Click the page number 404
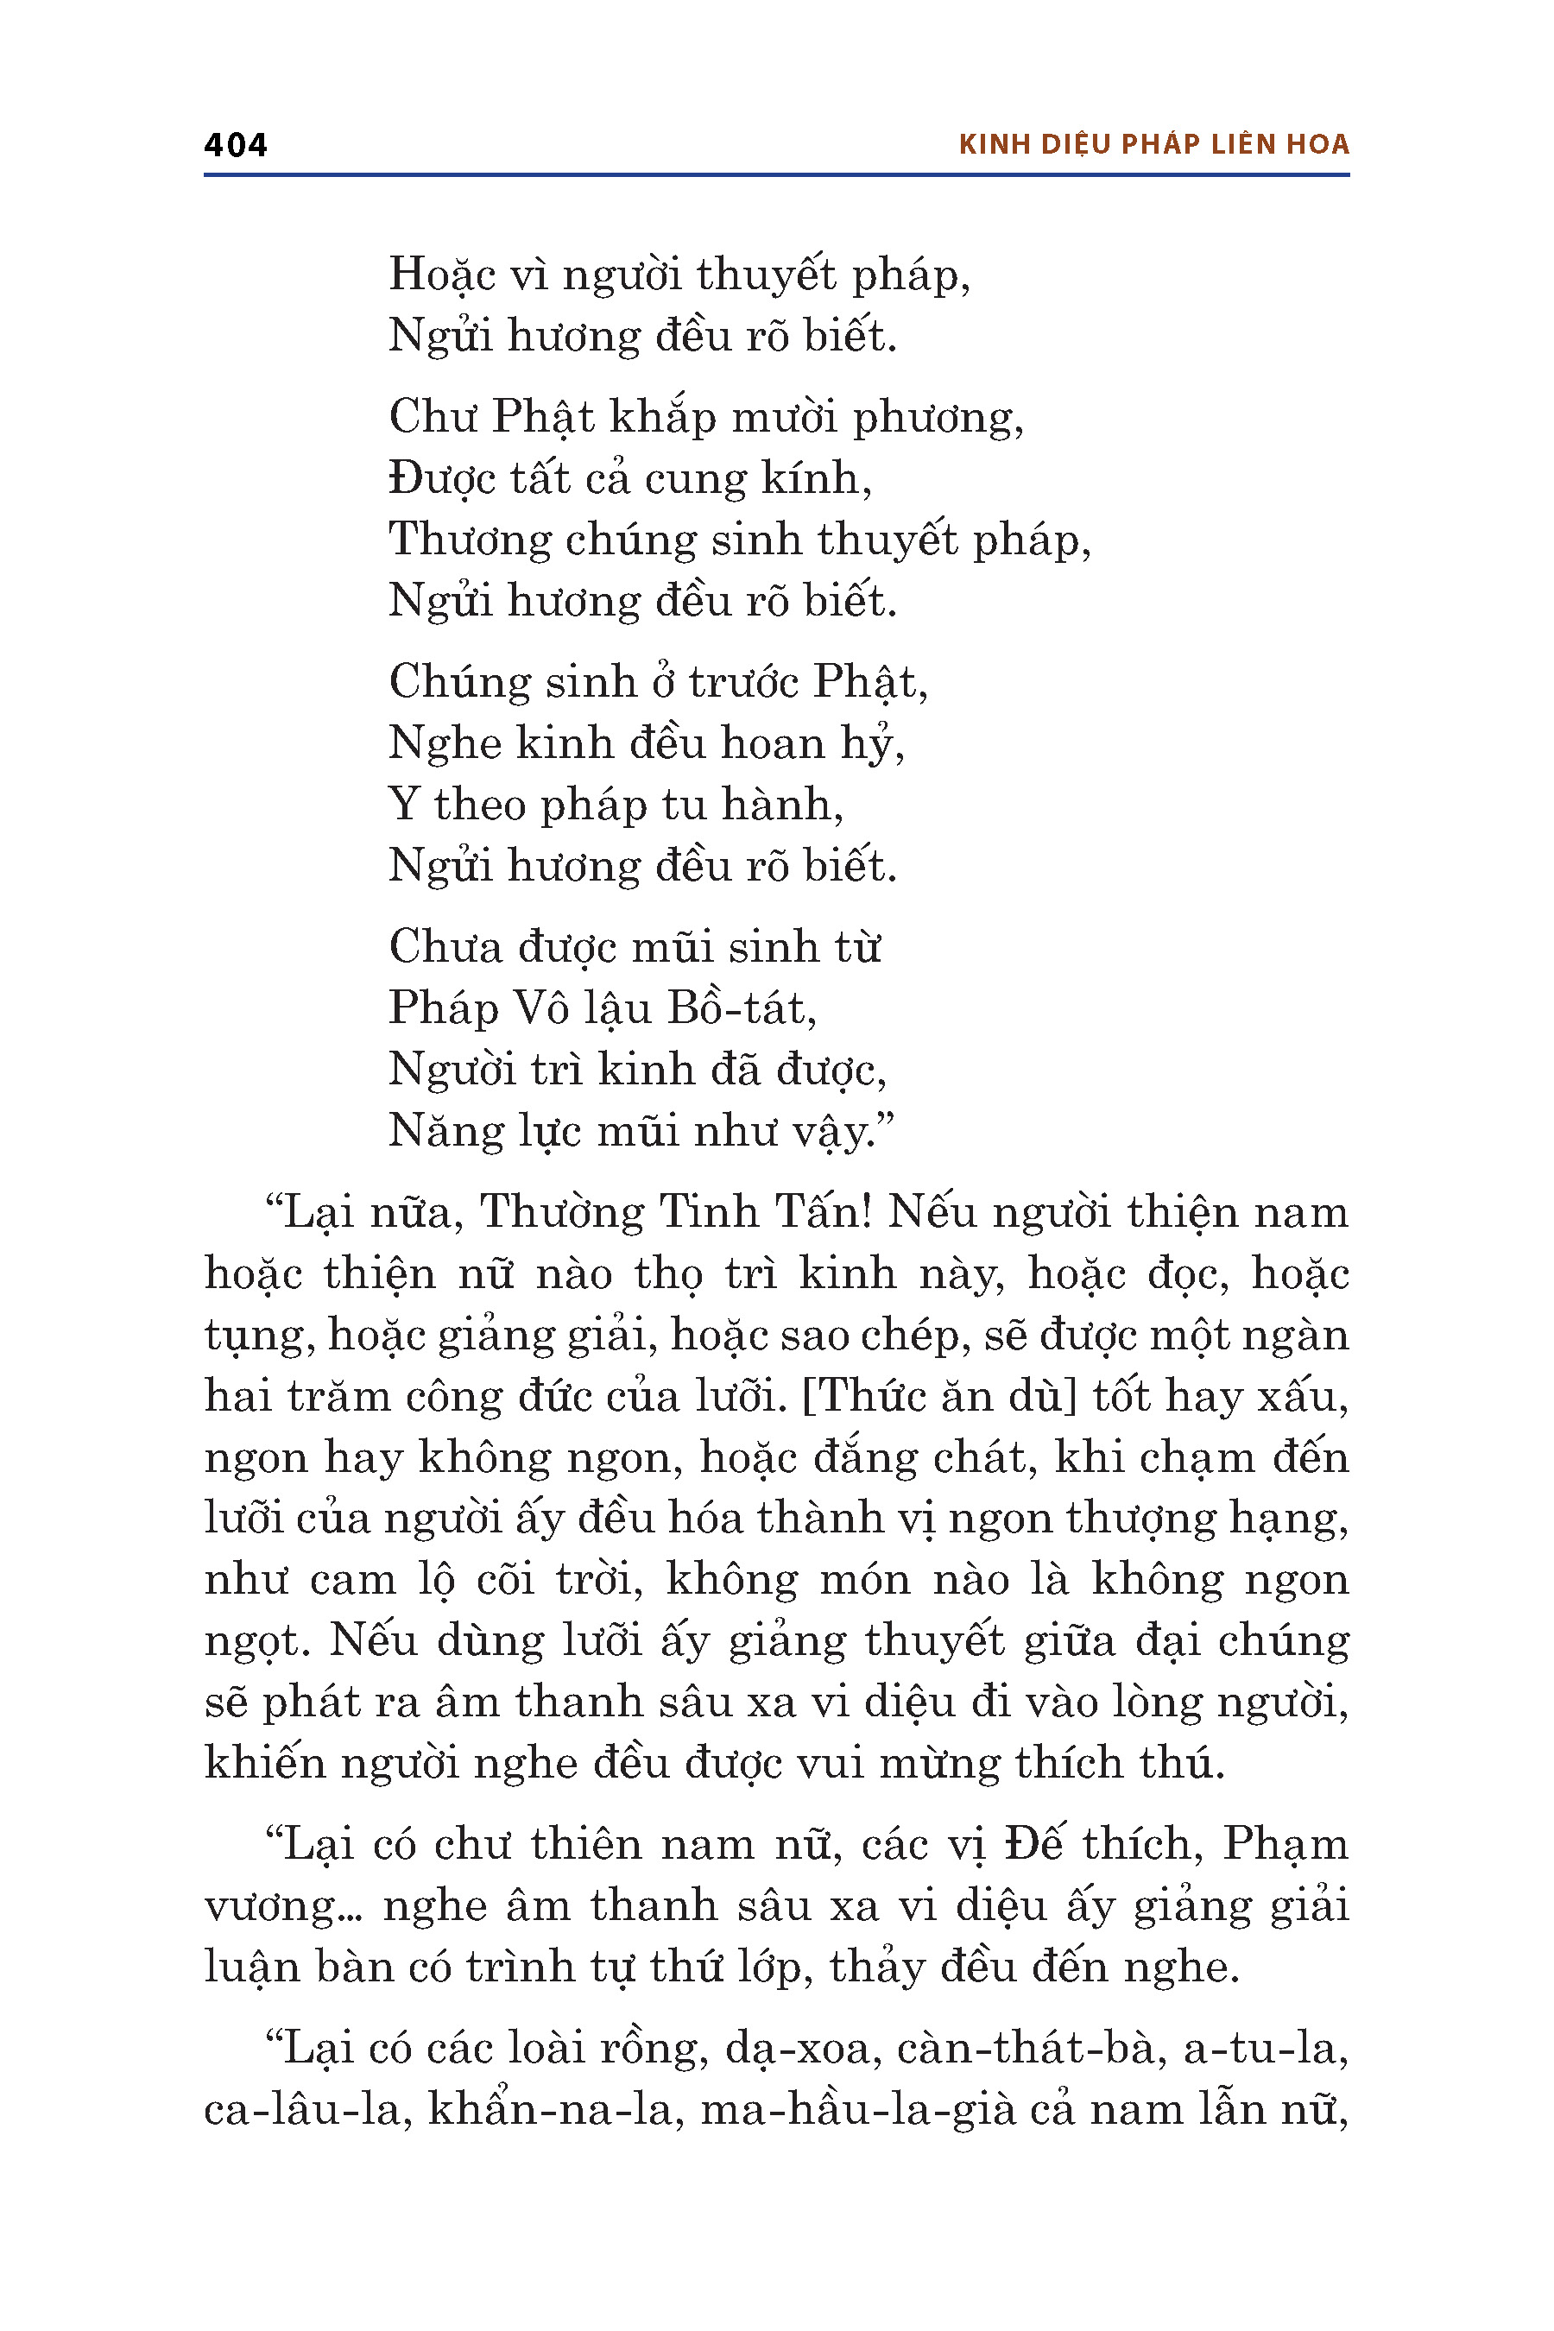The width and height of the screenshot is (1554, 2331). tap(235, 145)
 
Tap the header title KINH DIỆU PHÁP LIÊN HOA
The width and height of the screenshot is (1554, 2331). tap(1153, 145)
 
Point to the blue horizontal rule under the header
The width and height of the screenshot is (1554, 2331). tap(776, 175)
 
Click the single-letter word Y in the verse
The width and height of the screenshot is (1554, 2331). tap(403, 804)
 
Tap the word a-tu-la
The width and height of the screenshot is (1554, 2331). tap(1266, 2049)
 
